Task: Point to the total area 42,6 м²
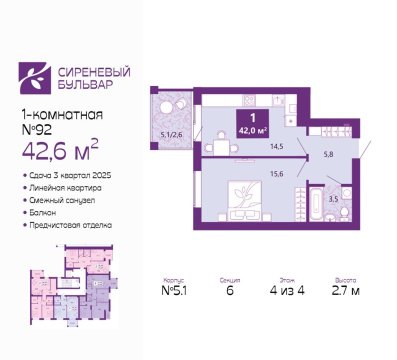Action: coord(59,152)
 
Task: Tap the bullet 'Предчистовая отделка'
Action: coord(70,225)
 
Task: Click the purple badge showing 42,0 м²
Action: coord(249,125)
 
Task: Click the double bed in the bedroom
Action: coord(240,197)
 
